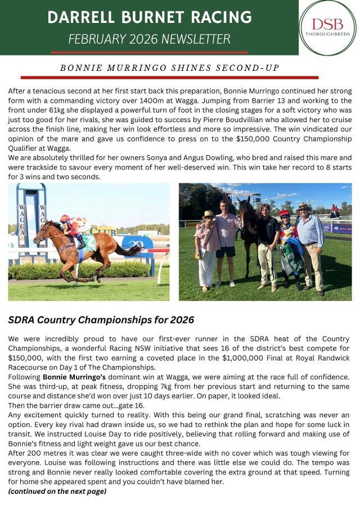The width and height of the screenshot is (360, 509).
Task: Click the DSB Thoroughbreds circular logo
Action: (327, 28)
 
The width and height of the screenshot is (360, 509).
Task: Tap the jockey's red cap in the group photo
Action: (285, 214)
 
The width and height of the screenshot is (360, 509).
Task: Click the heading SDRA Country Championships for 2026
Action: (101, 320)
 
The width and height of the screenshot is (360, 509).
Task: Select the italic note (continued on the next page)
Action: (57, 491)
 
